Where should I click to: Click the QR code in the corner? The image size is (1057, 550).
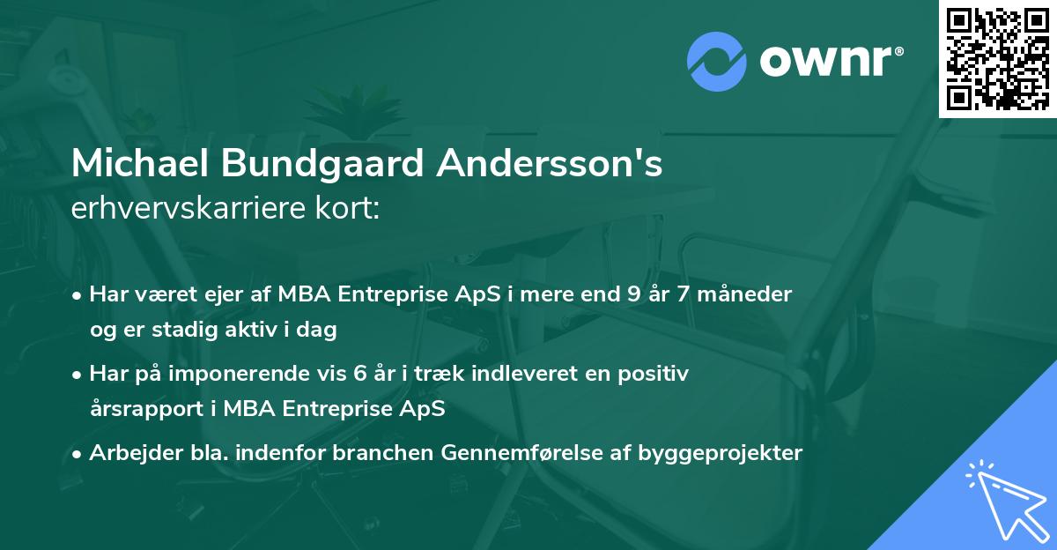pos(998,58)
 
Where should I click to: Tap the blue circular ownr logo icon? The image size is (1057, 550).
pos(718,61)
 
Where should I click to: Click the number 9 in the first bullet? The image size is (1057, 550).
pos(632,294)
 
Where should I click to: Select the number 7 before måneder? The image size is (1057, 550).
pos(693,294)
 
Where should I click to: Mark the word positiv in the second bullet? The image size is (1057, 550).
pos(655,374)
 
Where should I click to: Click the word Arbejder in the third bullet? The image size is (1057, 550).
pos(128,453)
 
